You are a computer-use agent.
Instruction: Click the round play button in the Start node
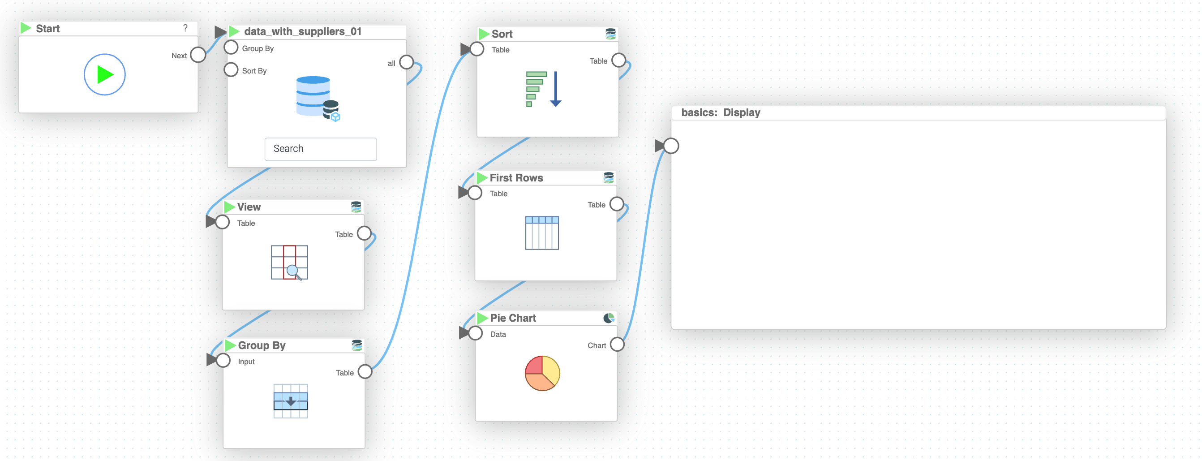coord(104,75)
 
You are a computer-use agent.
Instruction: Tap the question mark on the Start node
coord(185,28)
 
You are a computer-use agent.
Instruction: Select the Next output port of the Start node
coord(198,55)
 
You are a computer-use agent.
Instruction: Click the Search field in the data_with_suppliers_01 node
coord(321,149)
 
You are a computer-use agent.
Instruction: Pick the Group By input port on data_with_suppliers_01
coord(231,47)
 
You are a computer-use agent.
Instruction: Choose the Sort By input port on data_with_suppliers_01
coord(231,70)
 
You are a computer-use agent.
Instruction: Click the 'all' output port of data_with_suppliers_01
coord(407,62)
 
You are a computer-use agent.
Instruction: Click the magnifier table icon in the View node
coord(289,263)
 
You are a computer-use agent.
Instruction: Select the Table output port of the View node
coord(364,233)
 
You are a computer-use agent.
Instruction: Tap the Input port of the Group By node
coord(223,361)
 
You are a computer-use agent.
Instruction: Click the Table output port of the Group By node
coord(365,372)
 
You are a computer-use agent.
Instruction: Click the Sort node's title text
coord(502,34)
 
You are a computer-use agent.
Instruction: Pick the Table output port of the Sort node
coord(619,60)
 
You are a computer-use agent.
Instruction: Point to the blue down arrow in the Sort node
coord(555,89)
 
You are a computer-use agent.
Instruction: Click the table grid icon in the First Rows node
coord(542,233)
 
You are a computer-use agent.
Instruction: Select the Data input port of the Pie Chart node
coord(476,333)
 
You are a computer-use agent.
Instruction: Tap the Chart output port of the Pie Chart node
coord(617,345)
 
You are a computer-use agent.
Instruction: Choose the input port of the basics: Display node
coord(671,146)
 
